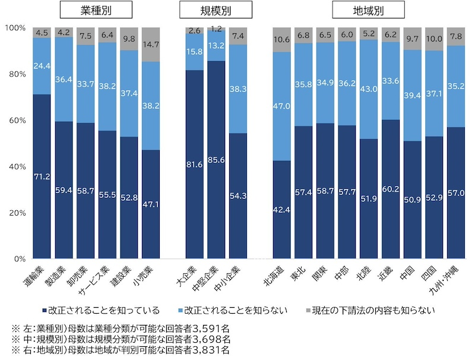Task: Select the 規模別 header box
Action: click(216, 11)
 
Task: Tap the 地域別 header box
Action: click(368, 11)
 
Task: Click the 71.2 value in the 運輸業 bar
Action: click(42, 177)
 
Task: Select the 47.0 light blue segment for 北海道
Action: click(281, 107)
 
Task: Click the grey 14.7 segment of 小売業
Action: click(151, 44)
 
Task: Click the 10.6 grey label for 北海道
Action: click(281, 40)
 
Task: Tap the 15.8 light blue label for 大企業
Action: click(194, 52)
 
